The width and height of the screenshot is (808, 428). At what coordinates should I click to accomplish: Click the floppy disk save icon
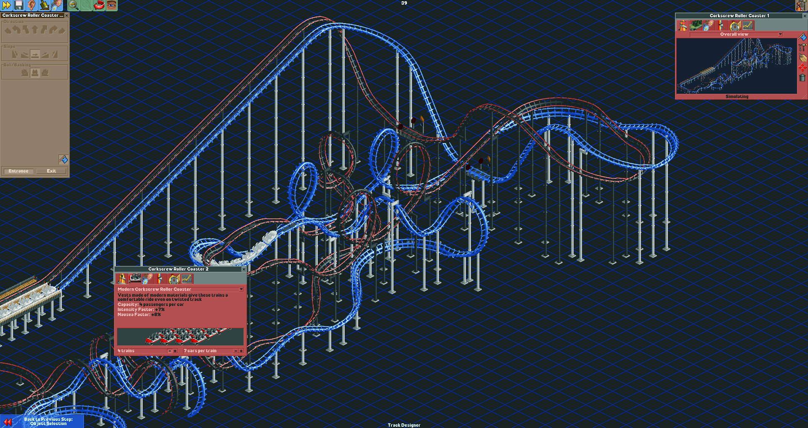coord(19,5)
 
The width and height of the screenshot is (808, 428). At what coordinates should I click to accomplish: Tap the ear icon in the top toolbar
coord(32,5)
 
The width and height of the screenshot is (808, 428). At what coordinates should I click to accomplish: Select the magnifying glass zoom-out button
coord(73,5)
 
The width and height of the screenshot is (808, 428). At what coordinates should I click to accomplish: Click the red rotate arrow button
coord(99,5)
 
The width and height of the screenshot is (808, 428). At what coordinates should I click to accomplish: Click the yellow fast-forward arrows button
coord(6,5)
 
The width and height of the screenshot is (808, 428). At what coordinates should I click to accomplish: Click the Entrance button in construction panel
coord(19,171)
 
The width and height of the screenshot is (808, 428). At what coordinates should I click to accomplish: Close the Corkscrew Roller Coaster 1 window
coord(805,16)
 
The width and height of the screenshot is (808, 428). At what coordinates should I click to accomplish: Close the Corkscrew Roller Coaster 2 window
coord(244,269)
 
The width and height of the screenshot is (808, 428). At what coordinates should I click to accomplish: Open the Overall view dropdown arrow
coord(780,35)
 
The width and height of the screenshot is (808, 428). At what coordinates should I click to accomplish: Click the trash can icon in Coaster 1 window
coord(802,77)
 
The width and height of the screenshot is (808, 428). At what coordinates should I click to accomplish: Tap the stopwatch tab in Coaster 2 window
coord(174,279)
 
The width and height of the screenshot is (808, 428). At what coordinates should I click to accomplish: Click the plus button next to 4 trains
coord(175,351)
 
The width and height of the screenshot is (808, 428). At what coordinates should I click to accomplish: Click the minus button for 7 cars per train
coord(235,351)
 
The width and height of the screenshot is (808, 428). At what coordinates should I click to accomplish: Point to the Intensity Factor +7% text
coord(141,309)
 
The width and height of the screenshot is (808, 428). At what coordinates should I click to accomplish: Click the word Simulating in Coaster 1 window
coord(737,96)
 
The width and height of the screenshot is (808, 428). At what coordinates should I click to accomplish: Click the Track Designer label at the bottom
coord(404,425)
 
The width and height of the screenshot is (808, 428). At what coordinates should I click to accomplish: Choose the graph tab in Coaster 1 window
coord(748,26)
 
